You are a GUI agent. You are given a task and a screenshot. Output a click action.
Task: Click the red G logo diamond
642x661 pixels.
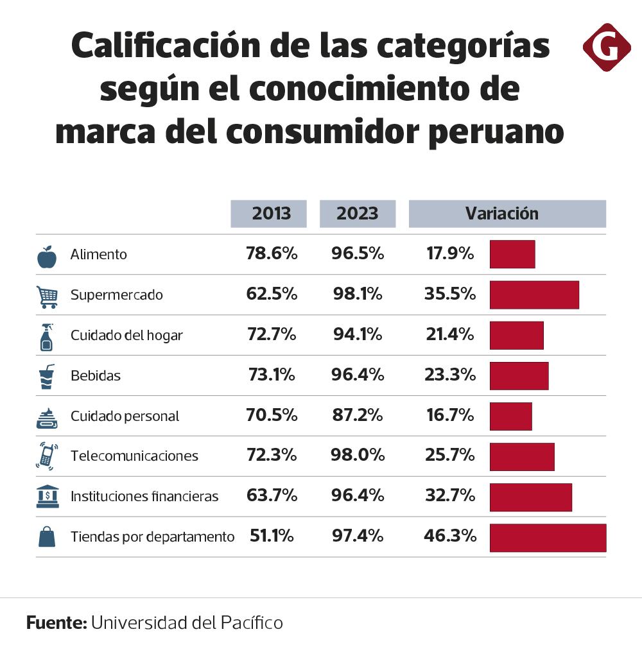[x=606, y=47]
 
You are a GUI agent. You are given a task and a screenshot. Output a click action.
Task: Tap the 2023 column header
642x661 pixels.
[x=358, y=214]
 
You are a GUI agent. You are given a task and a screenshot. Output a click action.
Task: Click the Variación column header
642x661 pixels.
[x=507, y=214]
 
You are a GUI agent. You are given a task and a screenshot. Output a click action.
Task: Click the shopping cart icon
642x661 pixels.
[x=48, y=295]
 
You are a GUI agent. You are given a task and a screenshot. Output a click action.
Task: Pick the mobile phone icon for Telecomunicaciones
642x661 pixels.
[x=47, y=456]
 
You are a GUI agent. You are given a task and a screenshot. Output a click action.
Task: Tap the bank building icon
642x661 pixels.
[x=48, y=496]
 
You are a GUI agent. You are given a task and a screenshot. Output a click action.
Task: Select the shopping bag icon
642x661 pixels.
[x=47, y=537]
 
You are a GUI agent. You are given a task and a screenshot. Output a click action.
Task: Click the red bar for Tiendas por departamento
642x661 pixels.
[x=548, y=537]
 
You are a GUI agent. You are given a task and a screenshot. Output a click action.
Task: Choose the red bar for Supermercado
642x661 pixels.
[x=534, y=295]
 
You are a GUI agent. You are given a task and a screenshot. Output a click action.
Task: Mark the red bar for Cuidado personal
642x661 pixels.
[x=510, y=416]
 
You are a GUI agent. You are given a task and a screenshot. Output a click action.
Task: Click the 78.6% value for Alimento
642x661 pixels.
[x=272, y=254]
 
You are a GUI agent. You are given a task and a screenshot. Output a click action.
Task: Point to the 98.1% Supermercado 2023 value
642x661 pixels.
[x=358, y=295]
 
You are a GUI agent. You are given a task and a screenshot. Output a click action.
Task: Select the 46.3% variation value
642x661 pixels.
[x=450, y=536]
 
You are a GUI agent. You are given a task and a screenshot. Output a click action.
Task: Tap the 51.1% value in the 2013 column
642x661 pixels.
[x=271, y=536]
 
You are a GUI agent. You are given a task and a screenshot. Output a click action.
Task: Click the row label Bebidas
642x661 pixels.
[x=96, y=375]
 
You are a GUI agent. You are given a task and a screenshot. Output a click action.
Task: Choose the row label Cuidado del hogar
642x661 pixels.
[x=126, y=335]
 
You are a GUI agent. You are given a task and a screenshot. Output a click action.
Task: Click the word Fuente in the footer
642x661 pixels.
[x=56, y=622]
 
